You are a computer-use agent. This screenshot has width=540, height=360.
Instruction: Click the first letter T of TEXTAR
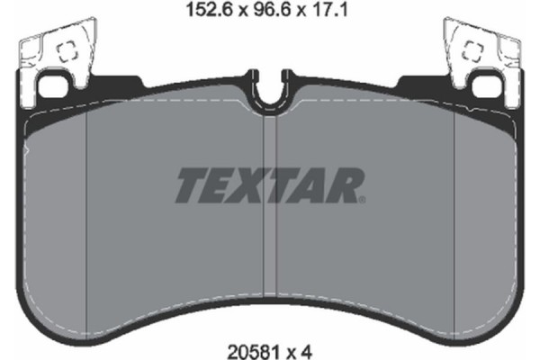tap(191, 187)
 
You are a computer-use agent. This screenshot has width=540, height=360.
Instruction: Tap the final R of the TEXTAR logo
tap(346, 187)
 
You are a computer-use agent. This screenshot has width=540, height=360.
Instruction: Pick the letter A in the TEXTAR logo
tap(313, 187)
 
